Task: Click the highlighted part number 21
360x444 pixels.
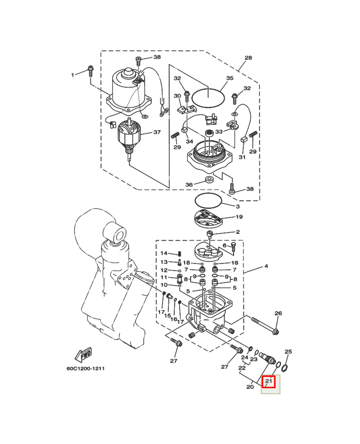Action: tap(269, 381)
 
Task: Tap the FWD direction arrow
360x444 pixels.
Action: tap(83, 355)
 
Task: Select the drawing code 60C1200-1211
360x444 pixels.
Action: tap(85, 369)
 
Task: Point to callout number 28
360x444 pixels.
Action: tap(248, 58)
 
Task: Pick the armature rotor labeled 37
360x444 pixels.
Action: tap(129, 137)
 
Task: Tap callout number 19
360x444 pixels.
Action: tap(239, 217)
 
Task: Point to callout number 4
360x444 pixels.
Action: tap(266, 266)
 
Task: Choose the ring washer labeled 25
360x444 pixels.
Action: tap(285, 368)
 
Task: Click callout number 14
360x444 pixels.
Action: tap(164, 253)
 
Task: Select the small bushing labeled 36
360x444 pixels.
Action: tap(209, 180)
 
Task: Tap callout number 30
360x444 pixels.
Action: tap(177, 96)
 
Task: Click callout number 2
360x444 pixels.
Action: tap(238, 232)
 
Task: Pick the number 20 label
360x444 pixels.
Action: tap(250, 387)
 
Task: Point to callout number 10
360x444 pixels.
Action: tap(164, 285)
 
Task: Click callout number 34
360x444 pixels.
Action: tap(189, 141)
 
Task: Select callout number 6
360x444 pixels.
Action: tap(225, 246)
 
